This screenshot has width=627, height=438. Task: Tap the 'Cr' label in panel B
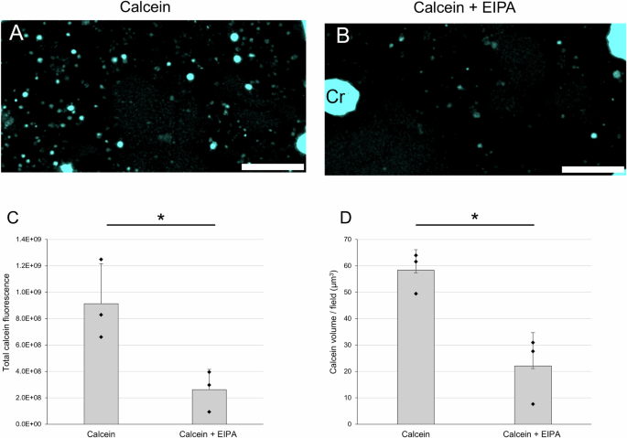(335, 94)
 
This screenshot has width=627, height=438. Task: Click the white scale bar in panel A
(272, 167)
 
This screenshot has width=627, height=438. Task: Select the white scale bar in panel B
(592, 168)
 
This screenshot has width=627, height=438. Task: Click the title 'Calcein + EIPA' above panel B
(475, 8)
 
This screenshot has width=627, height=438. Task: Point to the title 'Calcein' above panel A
(152, 8)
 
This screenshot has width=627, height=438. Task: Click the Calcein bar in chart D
(416, 347)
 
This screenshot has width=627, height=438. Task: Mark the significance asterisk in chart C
(161, 218)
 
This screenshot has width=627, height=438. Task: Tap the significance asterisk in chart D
(475, 218)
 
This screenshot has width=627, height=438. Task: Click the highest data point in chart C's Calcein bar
(101, 260)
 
